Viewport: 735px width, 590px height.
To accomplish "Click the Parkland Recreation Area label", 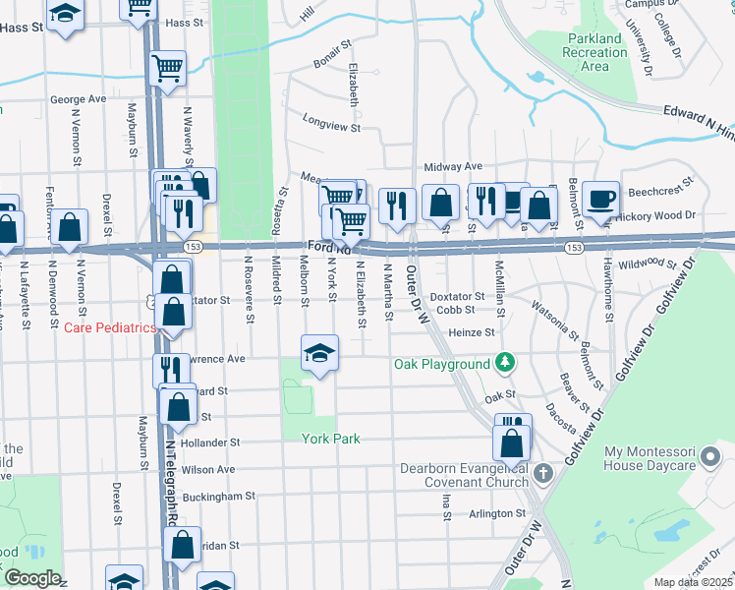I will pyautogui.click(x=594, y=52).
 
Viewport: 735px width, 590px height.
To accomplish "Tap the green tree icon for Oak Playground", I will pyautogui.click(x=505, y=363).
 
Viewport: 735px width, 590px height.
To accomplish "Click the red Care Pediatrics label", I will pyautogui.click(x=110, y=327).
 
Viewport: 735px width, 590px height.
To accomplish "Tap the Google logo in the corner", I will pyautogui.click(x=31, y=578).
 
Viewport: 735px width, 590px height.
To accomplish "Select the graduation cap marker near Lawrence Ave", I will pyautogui.click(x=319, y=351).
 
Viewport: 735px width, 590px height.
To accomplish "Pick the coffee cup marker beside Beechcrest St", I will pyautogui.click(x=600, y=198).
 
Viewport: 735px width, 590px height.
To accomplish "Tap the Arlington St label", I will pyautogui.click(x=496, y=513).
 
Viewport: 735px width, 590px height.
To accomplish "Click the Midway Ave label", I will pyautogui.click(x=453, y=166).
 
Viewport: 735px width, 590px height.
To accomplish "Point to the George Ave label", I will pyautogui.click(x=78, y=99).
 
